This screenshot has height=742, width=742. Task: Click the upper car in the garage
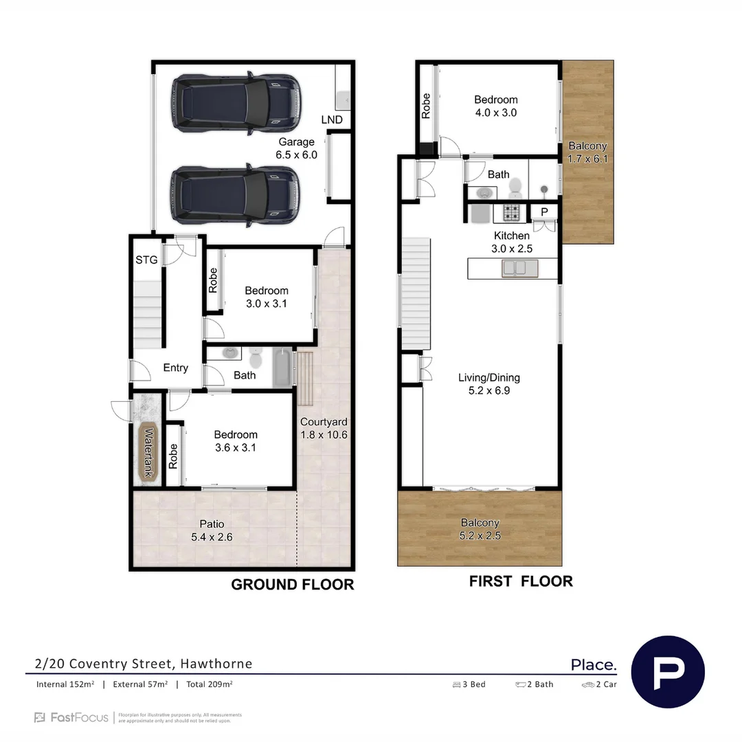coord(236,104)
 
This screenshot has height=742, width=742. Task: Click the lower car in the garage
coord(236,195)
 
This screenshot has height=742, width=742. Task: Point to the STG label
coord(146,260)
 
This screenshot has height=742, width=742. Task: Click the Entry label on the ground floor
coord(175,368)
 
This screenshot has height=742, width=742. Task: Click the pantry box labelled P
coord(544,212)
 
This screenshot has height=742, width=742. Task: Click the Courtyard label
coord(323,422)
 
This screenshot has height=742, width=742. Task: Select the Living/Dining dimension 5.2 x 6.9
coord(489,390)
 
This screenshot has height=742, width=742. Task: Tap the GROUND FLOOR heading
coord(292,585)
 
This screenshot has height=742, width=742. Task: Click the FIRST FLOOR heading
coord(520,581)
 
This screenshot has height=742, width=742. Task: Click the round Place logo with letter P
coord(668,671)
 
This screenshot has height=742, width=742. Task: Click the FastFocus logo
coord(71,717)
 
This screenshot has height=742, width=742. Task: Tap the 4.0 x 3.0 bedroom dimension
coord(495,113)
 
